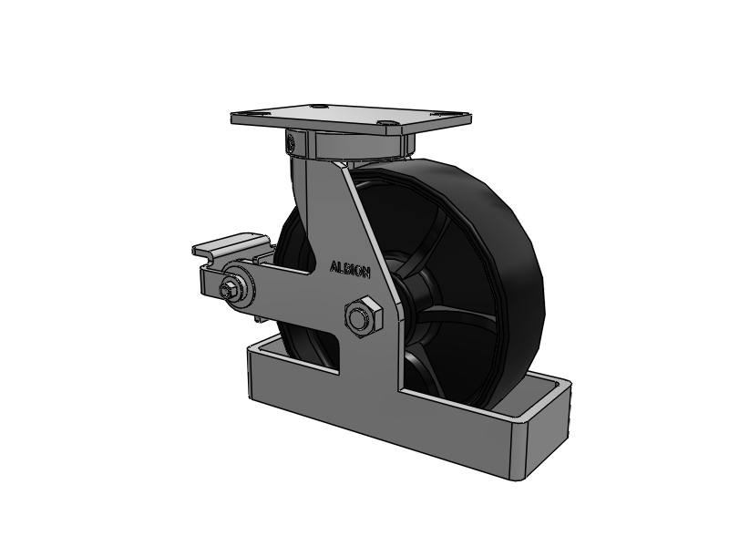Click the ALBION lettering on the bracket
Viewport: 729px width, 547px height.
click(350, 269)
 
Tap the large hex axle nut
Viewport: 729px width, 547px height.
click(363, 317)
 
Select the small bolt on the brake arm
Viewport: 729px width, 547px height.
click(230, 290)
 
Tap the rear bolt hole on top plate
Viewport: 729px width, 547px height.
click(318, 106)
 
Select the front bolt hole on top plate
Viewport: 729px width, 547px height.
click(388, 123)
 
